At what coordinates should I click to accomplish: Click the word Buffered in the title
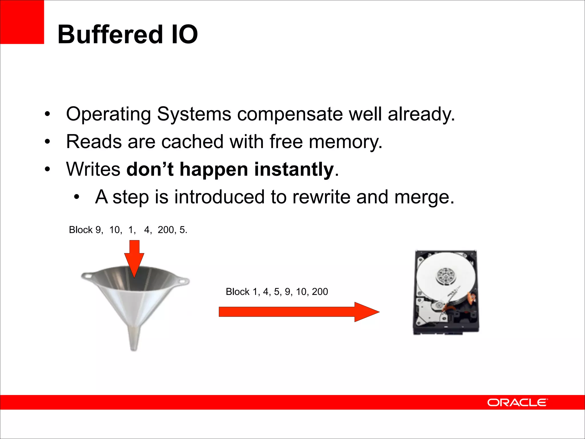tap(110, 34)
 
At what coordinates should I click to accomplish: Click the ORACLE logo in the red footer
tap(517, 402)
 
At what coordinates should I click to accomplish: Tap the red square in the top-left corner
tap(22, 22)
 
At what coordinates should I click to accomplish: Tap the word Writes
tap(93, 169)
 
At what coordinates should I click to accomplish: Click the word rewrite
tap(321, 197)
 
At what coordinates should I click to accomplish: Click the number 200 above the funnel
tap(166, 230)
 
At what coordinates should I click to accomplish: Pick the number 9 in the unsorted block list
tap(98, 230)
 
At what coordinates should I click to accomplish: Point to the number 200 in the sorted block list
tap(320, 292)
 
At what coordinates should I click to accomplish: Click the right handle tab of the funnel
tap(182, 281)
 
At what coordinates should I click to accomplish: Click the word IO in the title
tap(185, 34)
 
